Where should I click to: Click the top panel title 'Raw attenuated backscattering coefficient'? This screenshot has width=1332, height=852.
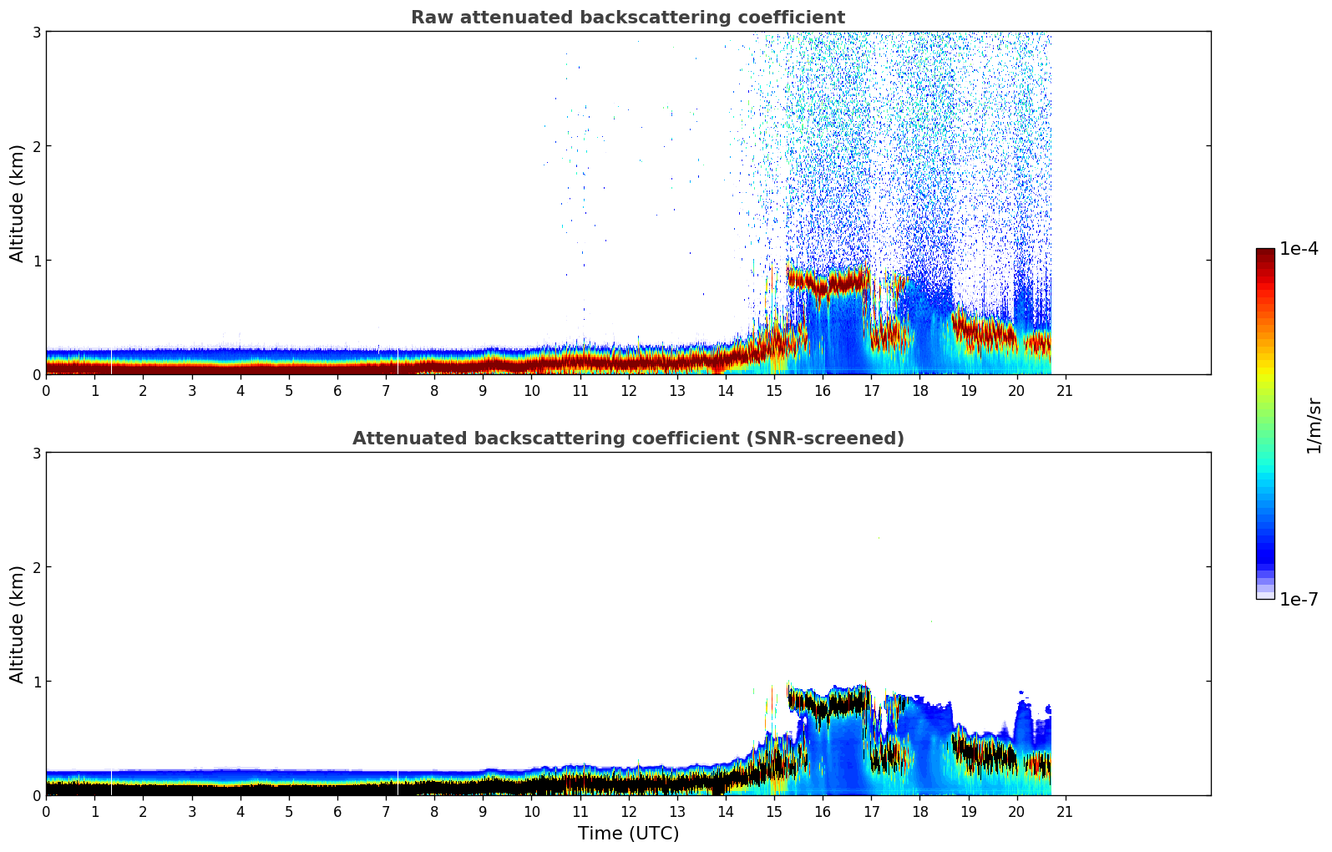click(627, 18)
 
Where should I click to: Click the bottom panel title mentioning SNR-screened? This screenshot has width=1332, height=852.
click(627, 439)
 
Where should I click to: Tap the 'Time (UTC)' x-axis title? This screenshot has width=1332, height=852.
click(628, 834)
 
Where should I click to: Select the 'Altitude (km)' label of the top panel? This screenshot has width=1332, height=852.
click(18, 203)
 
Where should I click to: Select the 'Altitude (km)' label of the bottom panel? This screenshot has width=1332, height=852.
click(18, 624)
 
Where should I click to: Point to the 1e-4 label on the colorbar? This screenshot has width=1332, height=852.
click(1299, 249)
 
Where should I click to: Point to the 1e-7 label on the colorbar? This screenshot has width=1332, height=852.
click(1299, 599)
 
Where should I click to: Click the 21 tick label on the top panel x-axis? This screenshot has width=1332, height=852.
click(1065, 391)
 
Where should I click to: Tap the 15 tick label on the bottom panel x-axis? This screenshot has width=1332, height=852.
click(774, 812)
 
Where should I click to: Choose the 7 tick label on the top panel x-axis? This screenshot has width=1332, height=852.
click(386, 391)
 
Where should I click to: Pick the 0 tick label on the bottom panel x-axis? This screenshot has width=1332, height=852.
click(46, 812)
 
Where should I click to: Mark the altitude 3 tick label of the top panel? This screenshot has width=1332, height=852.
click(36, 32)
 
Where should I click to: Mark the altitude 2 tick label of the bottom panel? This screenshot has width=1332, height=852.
click(36, 567)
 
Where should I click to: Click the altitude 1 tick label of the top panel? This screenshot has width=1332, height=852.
click(36, 261)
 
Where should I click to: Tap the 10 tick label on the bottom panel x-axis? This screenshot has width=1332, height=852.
click(531, 812)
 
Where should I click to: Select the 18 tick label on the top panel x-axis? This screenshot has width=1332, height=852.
click(919, 391)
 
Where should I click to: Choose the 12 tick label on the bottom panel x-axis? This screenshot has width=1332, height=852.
click(628, 812)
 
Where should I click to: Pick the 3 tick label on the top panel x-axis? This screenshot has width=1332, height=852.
click(192, 391)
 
